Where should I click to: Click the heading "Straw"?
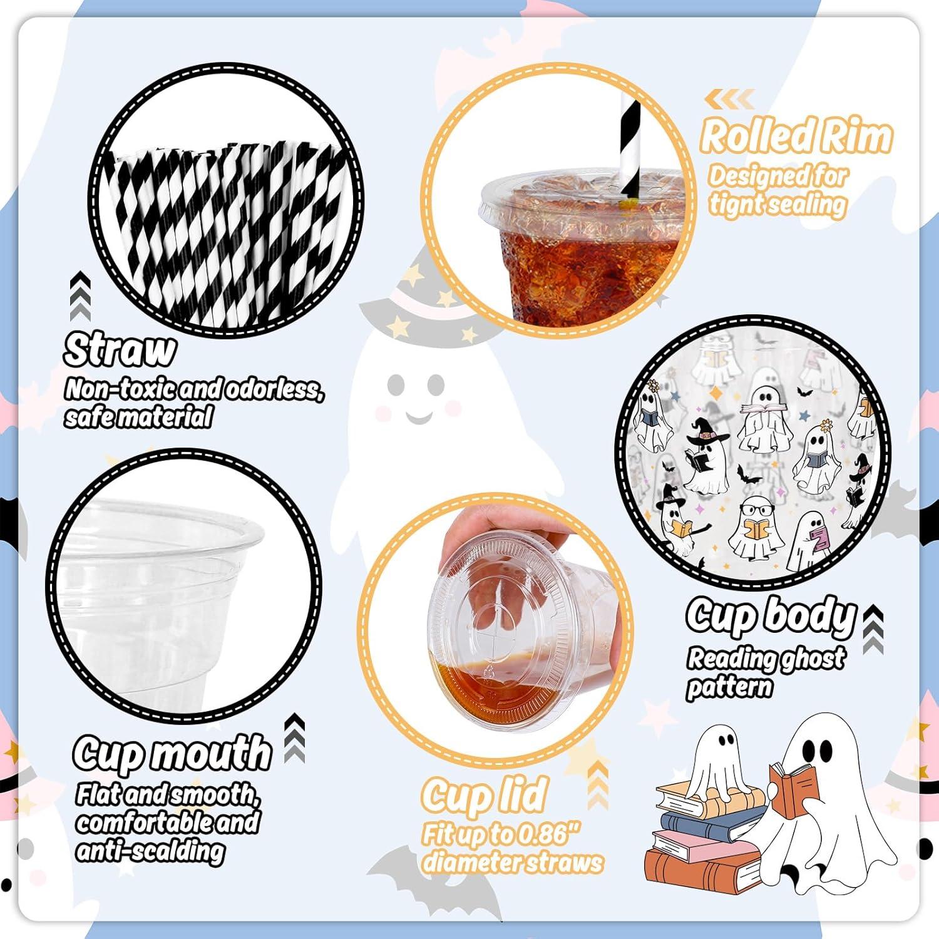119,351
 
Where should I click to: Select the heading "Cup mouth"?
172,753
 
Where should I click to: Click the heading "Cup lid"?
484,795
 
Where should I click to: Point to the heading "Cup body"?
770,617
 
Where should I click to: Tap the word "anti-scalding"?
150,851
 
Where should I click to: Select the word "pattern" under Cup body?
730,687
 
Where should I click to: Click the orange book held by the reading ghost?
794,789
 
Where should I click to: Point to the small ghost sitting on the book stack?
720,761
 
